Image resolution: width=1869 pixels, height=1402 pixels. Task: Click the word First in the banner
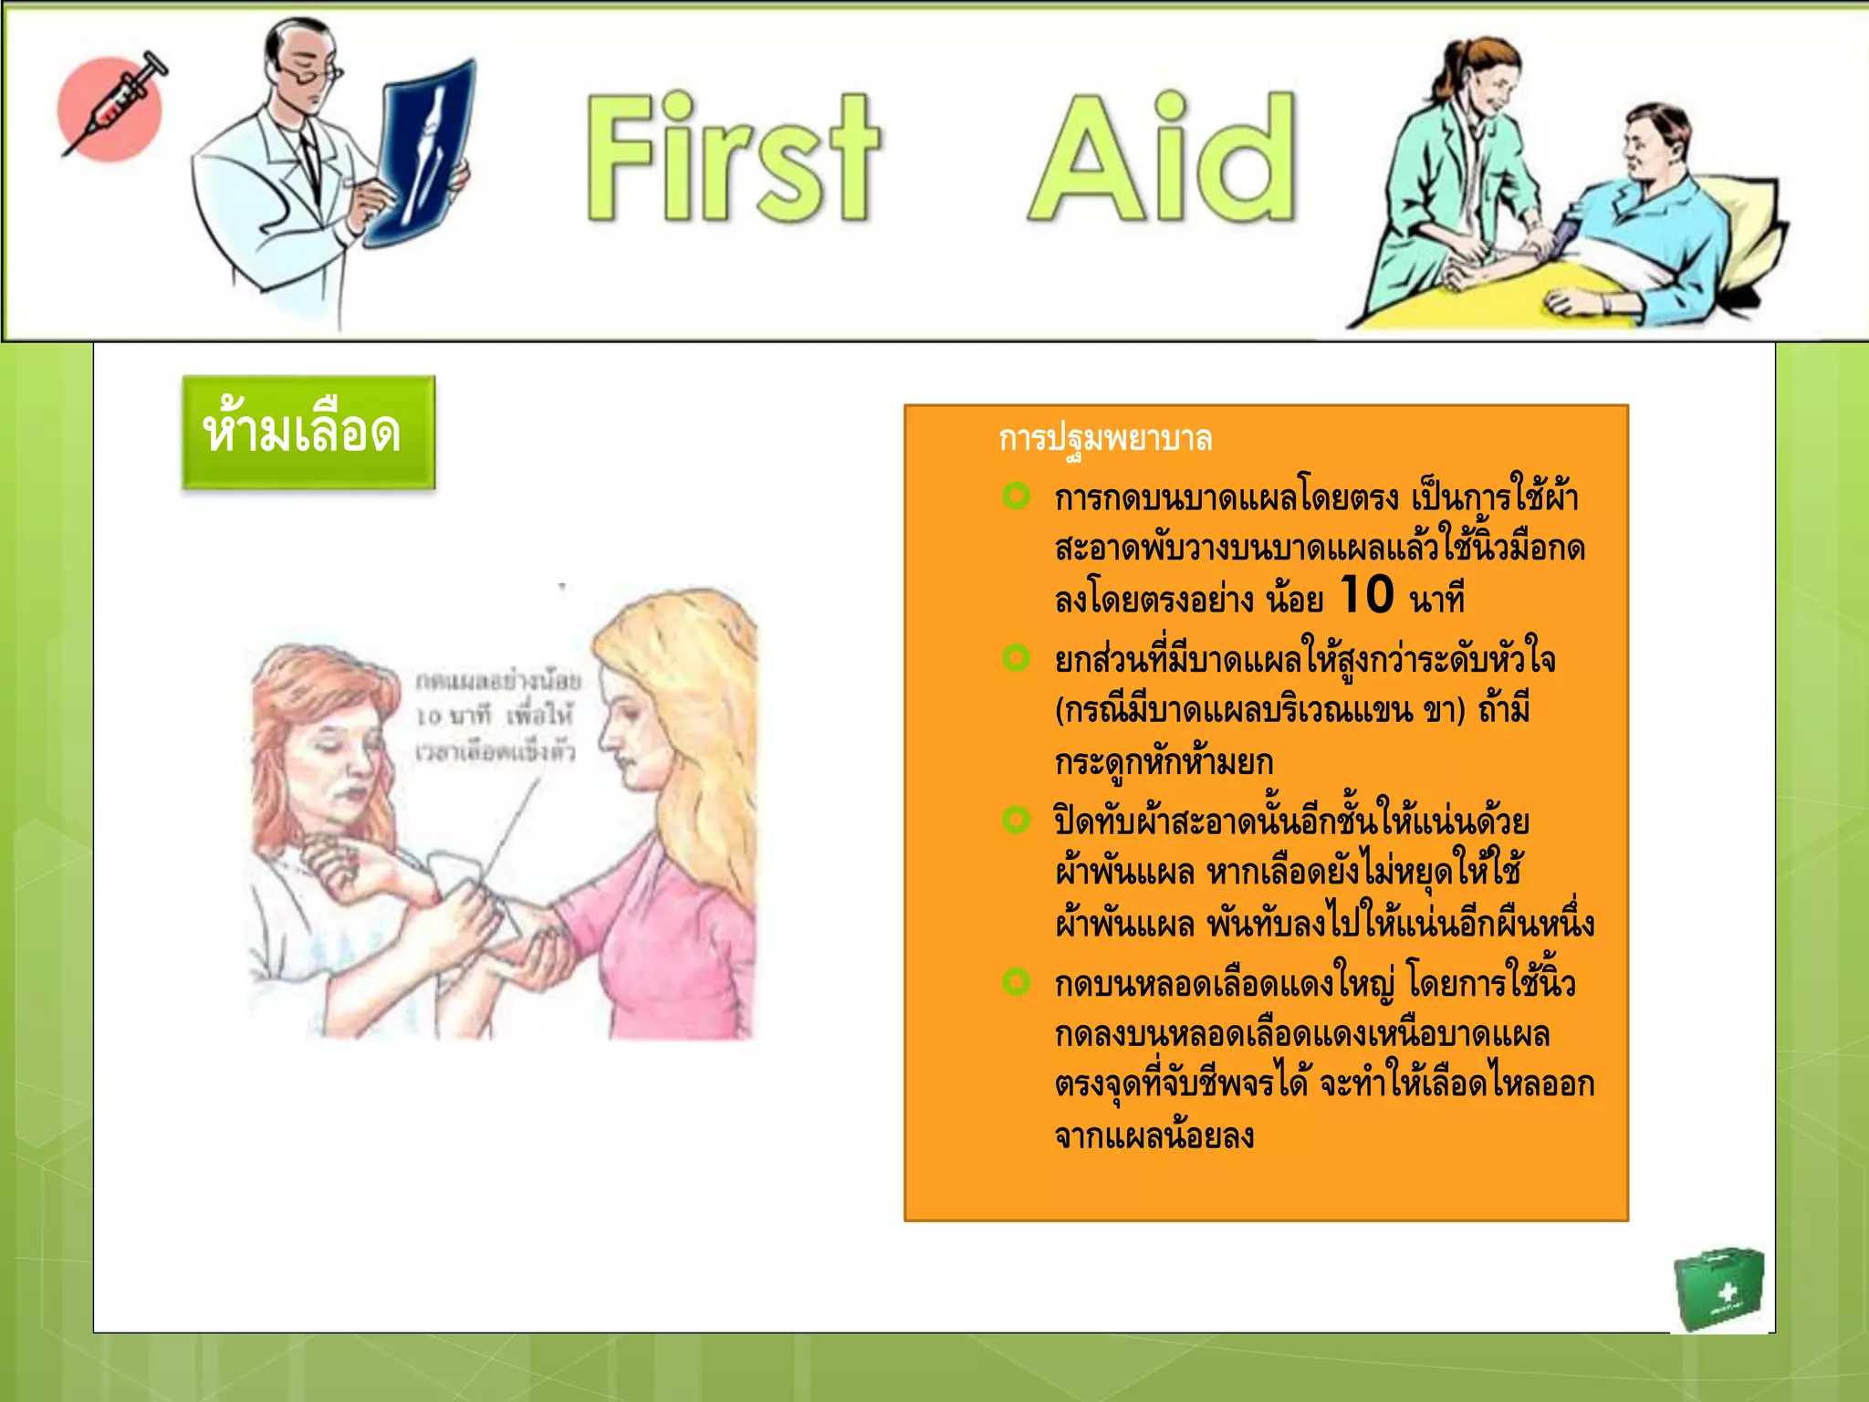tap(733, 159)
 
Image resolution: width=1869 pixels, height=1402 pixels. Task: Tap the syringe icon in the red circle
tap(111, 106)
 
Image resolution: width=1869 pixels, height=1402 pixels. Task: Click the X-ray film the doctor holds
tap(426, 151)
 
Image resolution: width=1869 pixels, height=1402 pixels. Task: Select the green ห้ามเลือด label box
tap(308, 433)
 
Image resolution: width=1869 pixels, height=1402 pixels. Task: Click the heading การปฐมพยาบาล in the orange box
tap(1105, 440)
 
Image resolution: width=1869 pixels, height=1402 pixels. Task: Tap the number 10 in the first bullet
tap(1365, 595)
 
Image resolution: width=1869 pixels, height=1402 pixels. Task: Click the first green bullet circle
tap(1016, 497)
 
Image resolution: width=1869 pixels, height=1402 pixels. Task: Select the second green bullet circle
tap(1016, 657)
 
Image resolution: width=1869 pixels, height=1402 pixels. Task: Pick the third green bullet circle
tap(1016, 819)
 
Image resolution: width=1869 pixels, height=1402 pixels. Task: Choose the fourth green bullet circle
tap(1016, 982)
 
